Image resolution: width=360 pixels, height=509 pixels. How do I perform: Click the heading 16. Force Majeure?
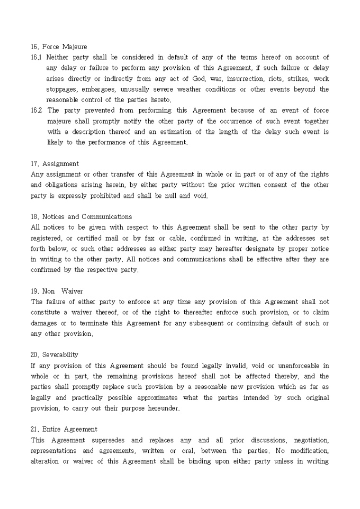59,47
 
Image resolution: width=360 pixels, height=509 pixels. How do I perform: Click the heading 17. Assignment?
55,163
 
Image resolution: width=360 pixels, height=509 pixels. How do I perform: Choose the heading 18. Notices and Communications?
81,216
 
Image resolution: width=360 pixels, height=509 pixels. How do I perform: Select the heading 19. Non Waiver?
57,291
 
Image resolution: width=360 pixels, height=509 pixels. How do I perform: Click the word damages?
45,323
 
